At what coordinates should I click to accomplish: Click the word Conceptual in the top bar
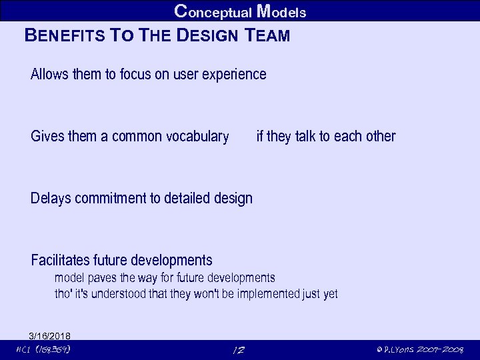(x=212, y=11)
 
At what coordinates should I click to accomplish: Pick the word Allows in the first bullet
(x=49, y=74)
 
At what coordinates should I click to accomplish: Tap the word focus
(x=136, y=74)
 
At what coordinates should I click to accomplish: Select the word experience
(x=235, y=74)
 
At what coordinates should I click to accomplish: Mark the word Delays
(x=51, y=198)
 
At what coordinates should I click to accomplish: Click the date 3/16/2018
(x=50, y=335)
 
